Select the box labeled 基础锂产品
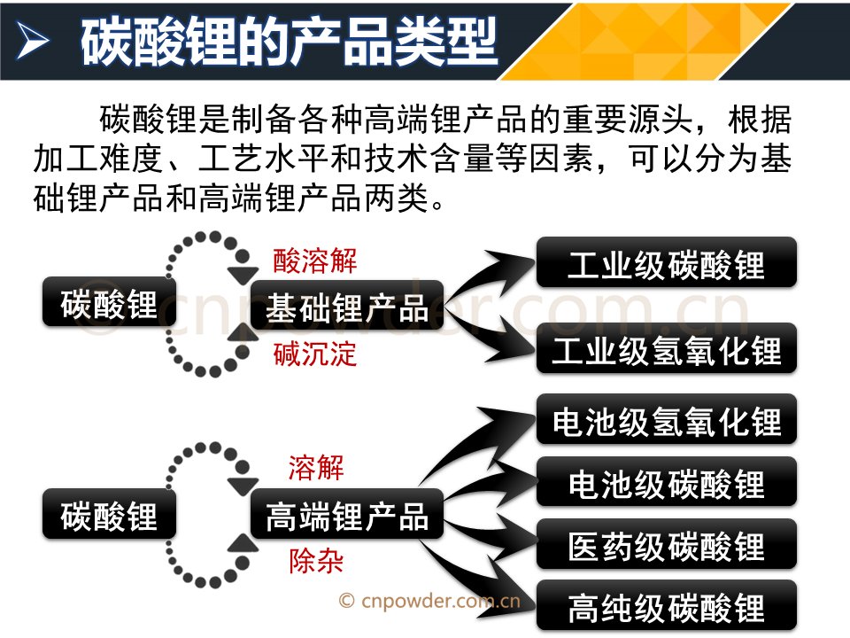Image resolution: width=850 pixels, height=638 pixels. coord(346,307)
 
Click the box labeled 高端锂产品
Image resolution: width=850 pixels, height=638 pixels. coord(346,515)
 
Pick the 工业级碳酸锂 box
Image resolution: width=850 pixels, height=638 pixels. coord(667,264)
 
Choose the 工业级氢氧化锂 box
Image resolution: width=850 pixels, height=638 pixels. coord(667,349)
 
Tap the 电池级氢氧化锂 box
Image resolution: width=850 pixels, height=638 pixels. coord(667,420)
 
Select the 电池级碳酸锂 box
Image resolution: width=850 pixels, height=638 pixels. coord(667,483)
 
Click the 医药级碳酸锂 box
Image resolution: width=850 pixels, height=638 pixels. coord(667,546)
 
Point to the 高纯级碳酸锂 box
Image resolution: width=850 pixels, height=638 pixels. coord(667,607)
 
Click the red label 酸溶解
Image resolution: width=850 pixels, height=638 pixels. coord(314,261)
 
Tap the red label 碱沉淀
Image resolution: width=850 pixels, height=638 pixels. coord(314,354)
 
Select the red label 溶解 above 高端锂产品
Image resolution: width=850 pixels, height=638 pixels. coord(316,467)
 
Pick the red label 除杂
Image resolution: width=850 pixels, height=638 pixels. coord(316,562)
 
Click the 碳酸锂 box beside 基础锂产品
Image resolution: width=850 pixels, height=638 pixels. coord(109,304)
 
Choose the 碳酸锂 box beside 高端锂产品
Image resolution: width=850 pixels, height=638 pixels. coord(109,515)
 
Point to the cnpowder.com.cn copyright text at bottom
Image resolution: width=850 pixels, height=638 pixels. coord(430,601)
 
